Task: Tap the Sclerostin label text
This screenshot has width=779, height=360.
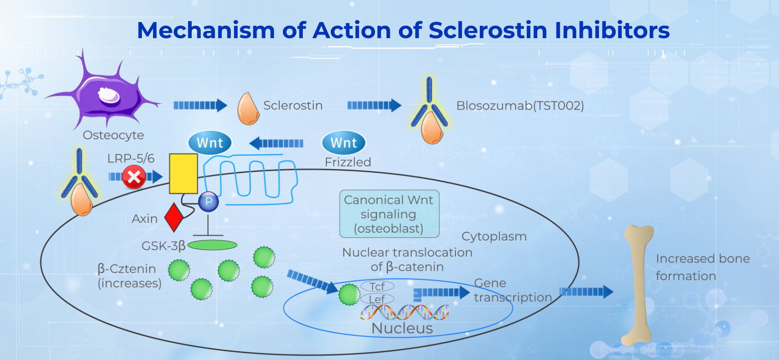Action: tap(293, 106)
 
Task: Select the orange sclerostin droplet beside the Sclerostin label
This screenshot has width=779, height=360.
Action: tap(248, 109)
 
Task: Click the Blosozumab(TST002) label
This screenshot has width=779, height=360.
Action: tap(520, 106)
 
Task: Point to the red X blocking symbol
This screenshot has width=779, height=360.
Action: tap(134, 177)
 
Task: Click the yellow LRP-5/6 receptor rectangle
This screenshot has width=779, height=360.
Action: tap(183, 174)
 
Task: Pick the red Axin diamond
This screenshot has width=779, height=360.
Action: tap(174, 217)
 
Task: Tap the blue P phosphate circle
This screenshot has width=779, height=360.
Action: tap(209, 201)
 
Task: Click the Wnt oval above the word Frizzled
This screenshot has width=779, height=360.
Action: tap(343, 143)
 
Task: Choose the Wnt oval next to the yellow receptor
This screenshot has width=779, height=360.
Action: tap(210, 143)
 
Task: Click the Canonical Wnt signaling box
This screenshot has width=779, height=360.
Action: tap(389, 214)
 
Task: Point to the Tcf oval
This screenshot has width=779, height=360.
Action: tap(377, 286)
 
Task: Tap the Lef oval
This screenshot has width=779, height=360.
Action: tap(377, 299)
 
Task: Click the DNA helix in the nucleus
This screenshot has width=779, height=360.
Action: tap(404, 312)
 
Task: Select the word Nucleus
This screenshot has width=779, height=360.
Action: tap(402, 328)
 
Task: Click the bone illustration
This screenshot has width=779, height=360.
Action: tap(639, 285)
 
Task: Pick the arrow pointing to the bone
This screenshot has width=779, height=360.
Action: tap(586, 291)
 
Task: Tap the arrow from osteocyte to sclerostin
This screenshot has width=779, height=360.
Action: tap(200, 106)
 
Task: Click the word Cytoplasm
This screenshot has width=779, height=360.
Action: tap(494, 236)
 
